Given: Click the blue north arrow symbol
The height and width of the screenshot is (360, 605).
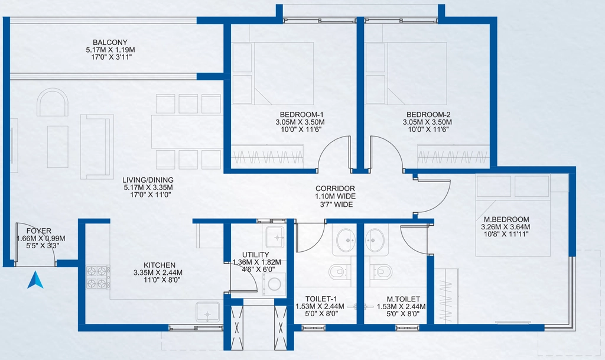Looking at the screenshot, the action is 35,280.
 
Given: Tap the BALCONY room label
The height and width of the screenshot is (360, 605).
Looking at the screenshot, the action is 110,42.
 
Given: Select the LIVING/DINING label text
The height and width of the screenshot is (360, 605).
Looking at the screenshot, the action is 148,180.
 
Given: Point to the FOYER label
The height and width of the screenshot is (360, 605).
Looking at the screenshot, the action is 39,231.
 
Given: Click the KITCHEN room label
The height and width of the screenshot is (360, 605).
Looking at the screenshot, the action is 160,265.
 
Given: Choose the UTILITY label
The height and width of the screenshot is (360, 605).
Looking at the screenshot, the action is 255,255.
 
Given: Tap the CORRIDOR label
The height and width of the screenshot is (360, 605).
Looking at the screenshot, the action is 336,189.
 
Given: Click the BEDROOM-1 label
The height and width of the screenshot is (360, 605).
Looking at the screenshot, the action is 301,115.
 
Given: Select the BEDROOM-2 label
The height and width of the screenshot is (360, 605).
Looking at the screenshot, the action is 428,115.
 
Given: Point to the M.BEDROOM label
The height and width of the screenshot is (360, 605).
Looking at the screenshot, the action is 505,219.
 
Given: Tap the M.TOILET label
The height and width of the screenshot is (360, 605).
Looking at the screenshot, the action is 404,299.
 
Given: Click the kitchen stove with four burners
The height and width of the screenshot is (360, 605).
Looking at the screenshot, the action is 97,277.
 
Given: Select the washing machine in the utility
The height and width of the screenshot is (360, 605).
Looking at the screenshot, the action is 274,284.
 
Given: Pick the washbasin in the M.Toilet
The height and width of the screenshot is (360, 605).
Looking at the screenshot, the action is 375,241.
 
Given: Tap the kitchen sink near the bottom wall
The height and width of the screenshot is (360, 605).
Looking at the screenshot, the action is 207,312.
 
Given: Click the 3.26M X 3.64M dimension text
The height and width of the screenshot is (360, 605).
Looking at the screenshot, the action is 505,227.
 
